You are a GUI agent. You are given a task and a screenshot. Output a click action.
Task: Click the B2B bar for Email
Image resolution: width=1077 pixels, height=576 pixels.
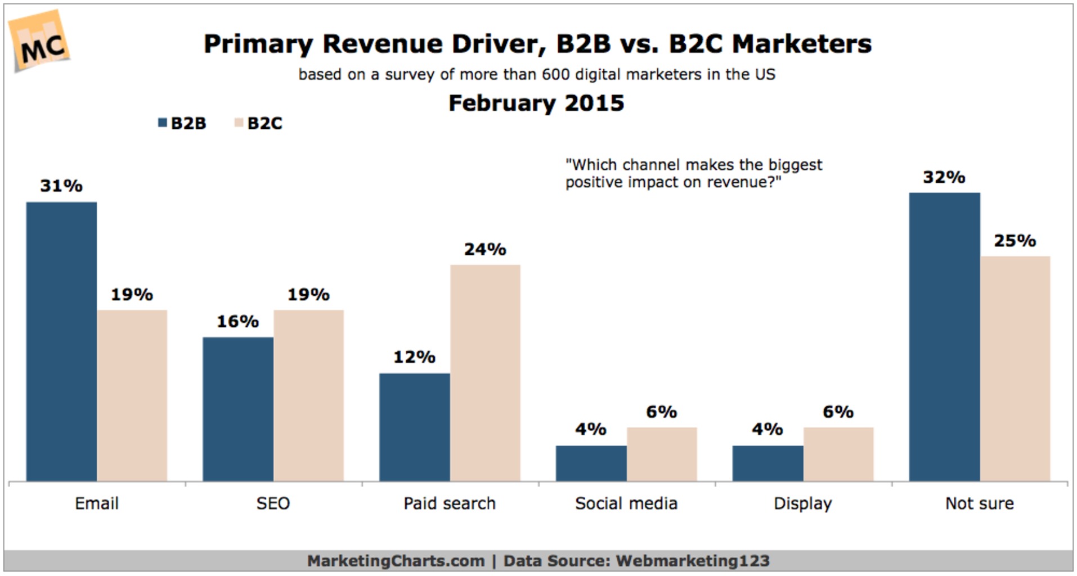pos(61,341)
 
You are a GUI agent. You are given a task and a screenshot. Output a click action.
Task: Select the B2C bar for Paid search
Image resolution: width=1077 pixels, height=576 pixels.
pos(485,372)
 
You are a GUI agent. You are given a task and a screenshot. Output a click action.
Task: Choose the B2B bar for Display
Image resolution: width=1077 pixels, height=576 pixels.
pos(768,463)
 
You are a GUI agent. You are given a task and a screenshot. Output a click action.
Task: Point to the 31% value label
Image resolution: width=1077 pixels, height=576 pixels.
pos(61,186)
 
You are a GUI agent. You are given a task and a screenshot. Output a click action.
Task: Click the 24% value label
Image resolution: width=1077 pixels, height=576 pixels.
pos(485,249)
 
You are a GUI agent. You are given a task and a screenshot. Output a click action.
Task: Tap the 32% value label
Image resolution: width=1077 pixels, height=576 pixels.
pos(944,177)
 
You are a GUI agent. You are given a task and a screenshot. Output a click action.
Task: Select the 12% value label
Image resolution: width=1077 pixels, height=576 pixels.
pos(414,357)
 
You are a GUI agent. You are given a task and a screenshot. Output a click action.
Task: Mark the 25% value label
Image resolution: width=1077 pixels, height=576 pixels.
pos(1015,241)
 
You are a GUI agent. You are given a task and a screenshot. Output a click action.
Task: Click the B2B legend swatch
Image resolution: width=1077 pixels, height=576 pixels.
pos(163,123)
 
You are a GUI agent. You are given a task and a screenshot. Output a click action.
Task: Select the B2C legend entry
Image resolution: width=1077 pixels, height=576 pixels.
pos(259,123)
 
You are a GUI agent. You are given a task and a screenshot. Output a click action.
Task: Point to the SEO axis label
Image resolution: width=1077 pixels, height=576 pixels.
pos(273,503)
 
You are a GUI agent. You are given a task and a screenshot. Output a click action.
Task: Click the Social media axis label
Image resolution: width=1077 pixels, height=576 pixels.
pos(626,503)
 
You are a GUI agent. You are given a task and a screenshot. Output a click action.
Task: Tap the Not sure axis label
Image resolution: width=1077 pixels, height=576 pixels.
pos(979,503)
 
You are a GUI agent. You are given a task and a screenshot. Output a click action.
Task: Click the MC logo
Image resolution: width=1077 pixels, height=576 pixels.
pos(41,42)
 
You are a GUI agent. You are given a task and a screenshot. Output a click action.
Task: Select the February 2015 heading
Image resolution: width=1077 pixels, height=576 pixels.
pos(536,103)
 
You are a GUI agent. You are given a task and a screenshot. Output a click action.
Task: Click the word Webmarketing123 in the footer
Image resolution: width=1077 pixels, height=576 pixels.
pos(693,561)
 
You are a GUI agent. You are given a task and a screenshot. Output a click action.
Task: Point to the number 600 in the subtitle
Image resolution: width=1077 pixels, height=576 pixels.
pos(556,74)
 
